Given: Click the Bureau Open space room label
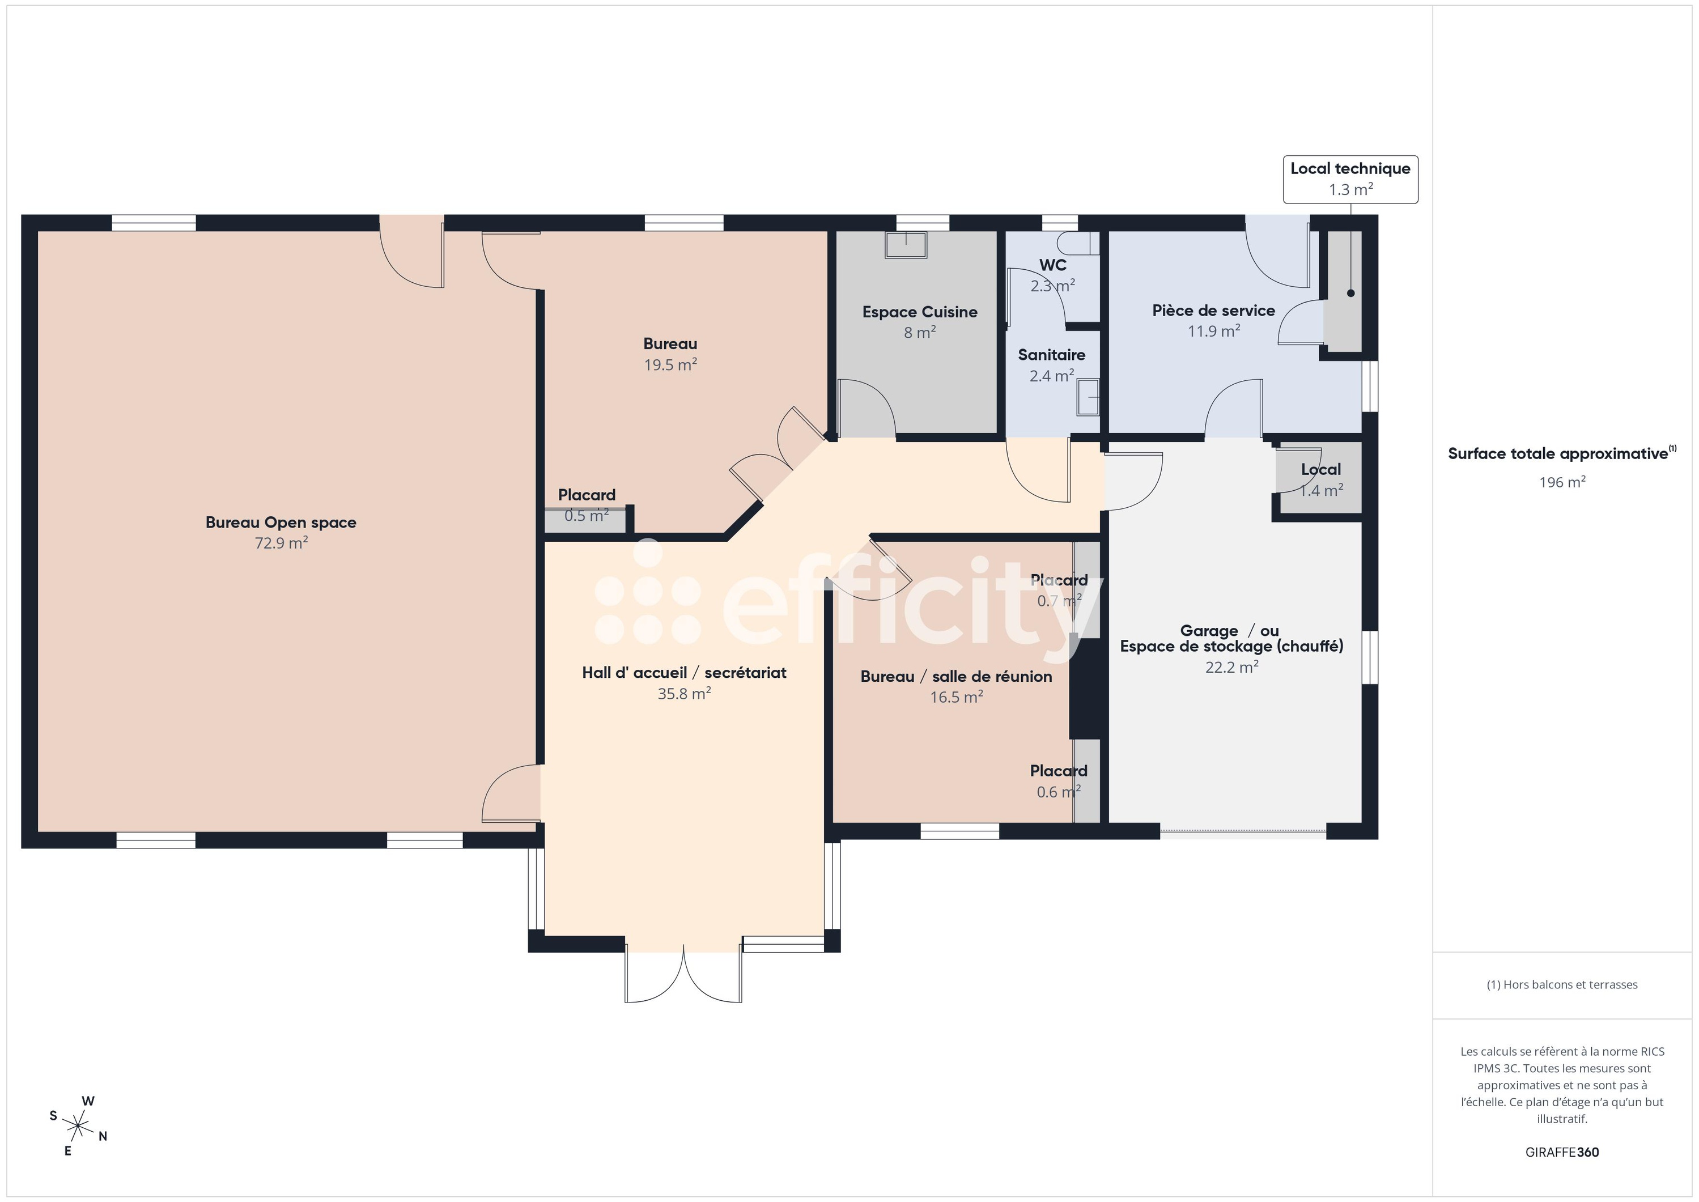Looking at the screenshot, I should (x=281, y=523).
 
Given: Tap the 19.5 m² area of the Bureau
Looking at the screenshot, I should (x=670, y=365).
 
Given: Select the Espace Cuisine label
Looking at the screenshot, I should (x=919, y=312).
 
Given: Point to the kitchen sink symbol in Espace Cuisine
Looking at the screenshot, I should (x=906, y=244).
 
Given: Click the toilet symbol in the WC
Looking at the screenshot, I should (x=1077, y=244).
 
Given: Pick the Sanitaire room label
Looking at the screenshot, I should (x=1051, y=355).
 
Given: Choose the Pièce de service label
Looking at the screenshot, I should (x=1213, y=311).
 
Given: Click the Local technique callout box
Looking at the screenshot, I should (x=1350, y=179).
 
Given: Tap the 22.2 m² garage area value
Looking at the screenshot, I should (x=1231, y=668).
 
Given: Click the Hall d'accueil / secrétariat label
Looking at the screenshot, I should (x=684, y=673).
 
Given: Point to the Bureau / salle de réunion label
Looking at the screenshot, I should (x=955, y=677).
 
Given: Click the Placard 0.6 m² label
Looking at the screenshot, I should (x=1058, y=771).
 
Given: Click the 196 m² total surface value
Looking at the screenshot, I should (x=1561, y=483).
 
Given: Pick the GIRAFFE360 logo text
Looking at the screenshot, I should (x=1561, y=1152).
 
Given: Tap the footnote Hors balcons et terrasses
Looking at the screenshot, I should (x=1561, y=984).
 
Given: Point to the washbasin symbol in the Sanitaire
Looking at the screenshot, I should (x=1088, y=397).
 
